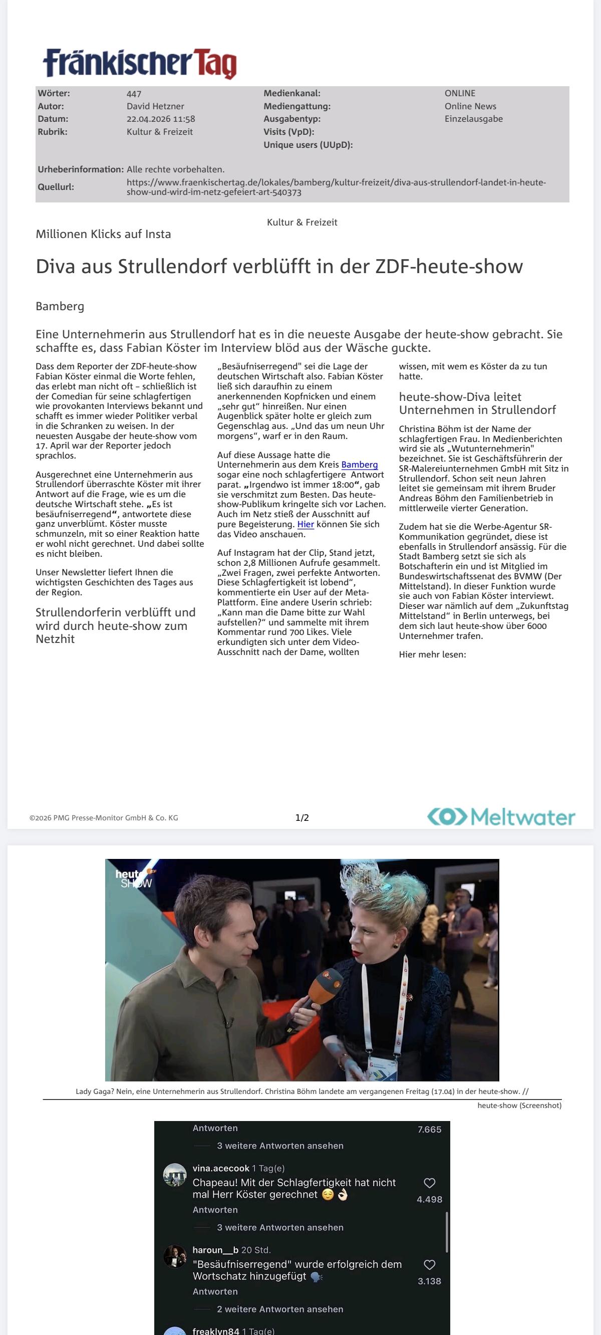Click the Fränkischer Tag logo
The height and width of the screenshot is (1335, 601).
[x=140, y=63]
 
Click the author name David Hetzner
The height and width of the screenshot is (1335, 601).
[x=155, y=106]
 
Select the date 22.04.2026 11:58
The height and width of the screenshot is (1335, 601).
[x=161, y=119]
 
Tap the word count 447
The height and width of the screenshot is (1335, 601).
[x=134, y=94]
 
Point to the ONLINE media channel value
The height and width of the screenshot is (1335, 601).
[x=460, y=93]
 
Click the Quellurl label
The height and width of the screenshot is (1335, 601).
[x=56, y=187]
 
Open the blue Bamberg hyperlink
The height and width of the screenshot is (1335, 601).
[x=359, y=465]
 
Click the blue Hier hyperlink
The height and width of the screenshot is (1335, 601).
[x=305, y=525]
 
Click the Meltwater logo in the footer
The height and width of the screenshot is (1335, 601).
[x=501, y=817]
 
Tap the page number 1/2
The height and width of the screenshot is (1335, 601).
[x=302, y=818]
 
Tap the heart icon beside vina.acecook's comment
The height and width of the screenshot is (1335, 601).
[x=430, y=1183]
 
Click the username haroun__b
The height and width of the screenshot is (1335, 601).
[x=215, y=1250]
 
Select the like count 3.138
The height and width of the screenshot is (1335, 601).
[x=430, y=1281]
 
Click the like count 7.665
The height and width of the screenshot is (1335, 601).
[x=430, y=1130]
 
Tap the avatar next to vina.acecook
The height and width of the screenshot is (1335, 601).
[x=175, y=1175]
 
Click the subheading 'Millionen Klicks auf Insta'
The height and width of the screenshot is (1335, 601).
[x=103, y=234]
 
